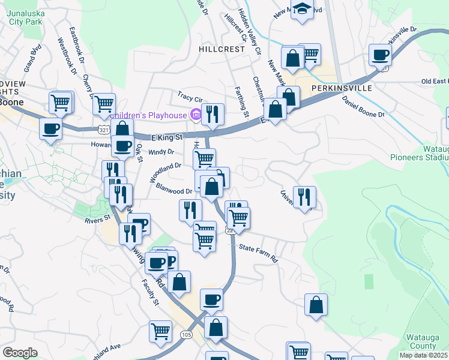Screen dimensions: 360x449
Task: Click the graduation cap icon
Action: click(x=302, y=10)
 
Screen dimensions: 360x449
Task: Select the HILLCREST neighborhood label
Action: click(x=222, y=49)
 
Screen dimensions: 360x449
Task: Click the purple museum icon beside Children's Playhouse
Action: click(x=194, y=114)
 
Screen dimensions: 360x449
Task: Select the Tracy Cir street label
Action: click(x=191, y=96)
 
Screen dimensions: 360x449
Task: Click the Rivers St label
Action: click(x=98, y=219)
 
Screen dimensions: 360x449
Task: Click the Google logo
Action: click(x=20, y=352)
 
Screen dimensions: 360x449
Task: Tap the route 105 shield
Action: click(x=186, y=334)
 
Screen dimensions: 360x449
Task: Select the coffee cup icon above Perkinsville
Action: click(x=380, y=55)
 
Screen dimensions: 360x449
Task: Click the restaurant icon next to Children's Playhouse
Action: click(x=212, y=113)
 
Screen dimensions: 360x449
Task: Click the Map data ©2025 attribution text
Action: click(x=421, y=355)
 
